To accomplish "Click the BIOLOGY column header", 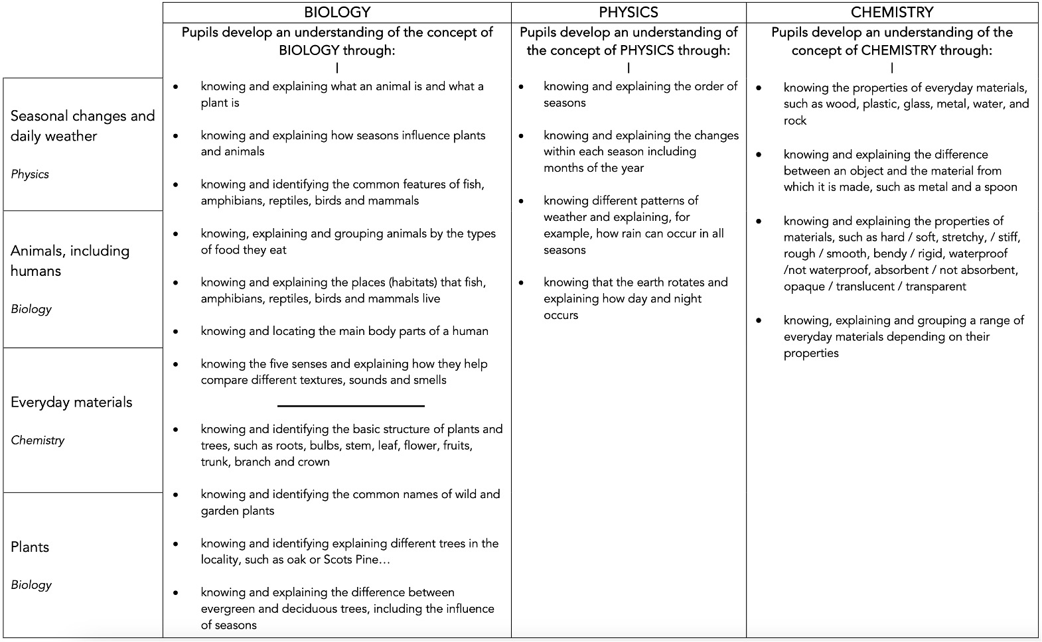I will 337,13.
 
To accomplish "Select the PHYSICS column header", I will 628,13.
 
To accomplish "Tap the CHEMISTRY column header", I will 892,13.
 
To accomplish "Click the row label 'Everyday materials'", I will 72,403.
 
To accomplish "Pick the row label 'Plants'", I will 30,547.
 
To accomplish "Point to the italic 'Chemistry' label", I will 38,440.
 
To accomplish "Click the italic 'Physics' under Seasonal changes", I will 30,174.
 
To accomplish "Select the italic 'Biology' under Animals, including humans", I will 31,309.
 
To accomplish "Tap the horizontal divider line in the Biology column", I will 350,405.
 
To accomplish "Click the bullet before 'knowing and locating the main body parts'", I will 176,332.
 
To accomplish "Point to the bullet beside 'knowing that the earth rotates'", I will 522,283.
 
